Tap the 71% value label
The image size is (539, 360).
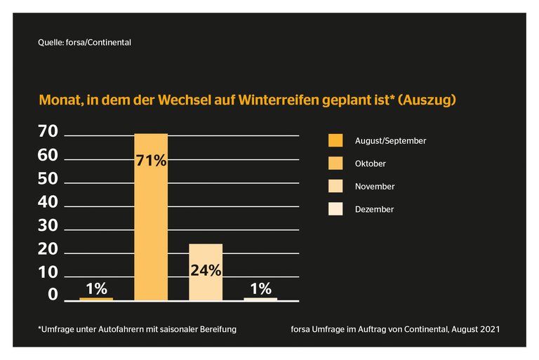(151, 161)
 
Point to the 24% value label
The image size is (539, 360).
(206, 269)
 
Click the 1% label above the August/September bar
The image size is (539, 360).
(96, 288)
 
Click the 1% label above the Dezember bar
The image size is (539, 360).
(260, 288)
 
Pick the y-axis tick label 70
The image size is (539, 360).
(48, 131)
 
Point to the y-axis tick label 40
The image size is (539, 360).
(48, 202)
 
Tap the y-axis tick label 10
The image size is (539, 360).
(48, 272)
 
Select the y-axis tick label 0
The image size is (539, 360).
(53, 295)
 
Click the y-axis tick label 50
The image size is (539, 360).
(48, 178)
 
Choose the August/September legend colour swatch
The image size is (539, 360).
(335, 140)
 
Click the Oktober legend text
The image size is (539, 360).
(371, 164)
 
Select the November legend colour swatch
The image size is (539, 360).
(335, 187)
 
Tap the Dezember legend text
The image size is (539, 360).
(374, 209)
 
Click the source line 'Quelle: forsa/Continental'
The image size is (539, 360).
(85, 42)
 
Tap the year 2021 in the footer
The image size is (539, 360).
(489, 328)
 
